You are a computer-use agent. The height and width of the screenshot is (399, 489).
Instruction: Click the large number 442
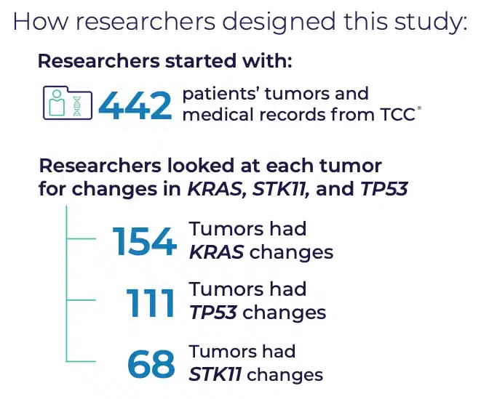(x=135, y=106)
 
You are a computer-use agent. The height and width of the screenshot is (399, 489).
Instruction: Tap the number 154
(x=144, y=241)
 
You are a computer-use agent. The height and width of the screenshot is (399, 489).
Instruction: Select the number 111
(x=150, y=303)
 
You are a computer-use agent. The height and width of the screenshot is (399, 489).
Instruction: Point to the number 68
(x=151, y=364)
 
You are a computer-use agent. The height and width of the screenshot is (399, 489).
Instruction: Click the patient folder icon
(x=68, y=102)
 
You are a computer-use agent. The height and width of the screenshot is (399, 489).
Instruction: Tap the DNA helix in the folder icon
(x=76, y=106)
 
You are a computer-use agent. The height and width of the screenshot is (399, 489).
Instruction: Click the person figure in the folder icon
(x=57, y=102)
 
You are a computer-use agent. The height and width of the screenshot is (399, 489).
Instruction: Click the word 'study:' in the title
(x=431, y=22)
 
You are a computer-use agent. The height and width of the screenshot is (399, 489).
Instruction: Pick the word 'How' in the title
(x=41, y=22)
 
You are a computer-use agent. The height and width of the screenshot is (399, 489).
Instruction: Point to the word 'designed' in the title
(x=279, y=22)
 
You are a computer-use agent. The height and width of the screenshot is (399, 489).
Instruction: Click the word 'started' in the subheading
(x=201, y=60)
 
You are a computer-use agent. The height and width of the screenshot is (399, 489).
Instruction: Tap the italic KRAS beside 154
(x=216, y=252)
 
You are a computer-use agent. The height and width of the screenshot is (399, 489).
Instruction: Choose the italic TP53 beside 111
(x=213, y=313)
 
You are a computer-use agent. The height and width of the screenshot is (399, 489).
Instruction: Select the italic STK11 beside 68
(x=215, y=374)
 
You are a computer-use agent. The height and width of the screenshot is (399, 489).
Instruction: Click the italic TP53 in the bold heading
(x=384, y=188)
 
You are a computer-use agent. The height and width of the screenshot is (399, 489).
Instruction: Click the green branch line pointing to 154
(x=81, y=238)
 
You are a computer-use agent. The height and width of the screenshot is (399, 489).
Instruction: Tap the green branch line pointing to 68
(x=81, y=361)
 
